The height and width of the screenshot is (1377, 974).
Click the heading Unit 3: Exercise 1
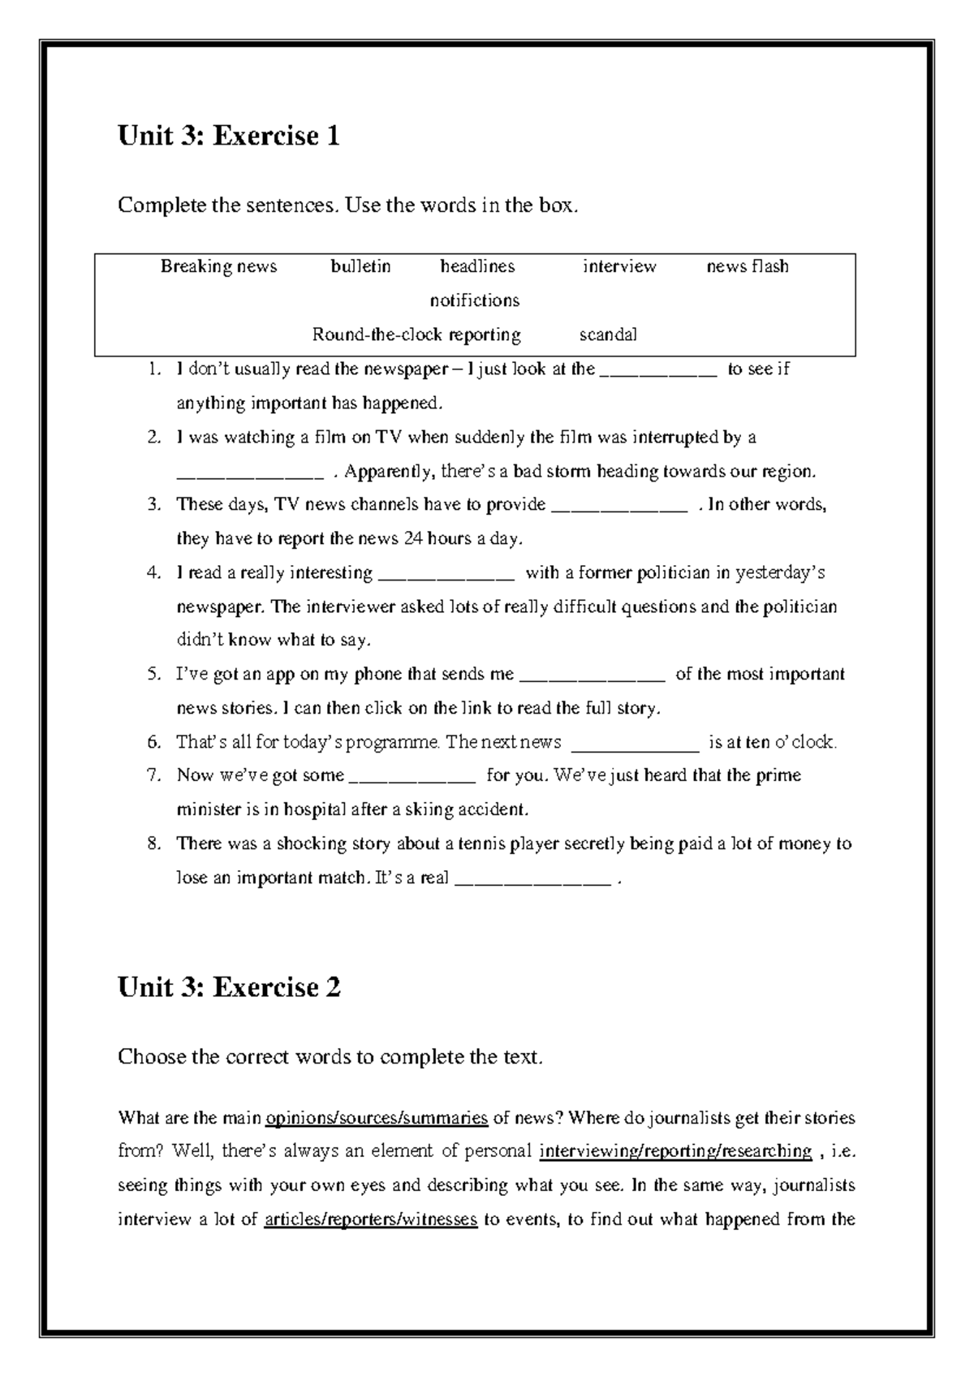228,136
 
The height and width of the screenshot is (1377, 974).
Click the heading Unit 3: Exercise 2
228,987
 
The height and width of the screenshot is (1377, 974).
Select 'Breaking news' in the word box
218,266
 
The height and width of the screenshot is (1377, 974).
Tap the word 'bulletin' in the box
360,266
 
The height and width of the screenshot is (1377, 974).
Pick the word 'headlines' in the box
477,266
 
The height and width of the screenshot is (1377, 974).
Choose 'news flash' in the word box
747,266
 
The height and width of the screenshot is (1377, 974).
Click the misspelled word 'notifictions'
475,300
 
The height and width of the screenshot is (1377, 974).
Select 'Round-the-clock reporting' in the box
416,335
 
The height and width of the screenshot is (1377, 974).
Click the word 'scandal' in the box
608,335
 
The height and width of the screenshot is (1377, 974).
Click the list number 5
154,675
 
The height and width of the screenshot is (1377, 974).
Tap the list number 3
154,505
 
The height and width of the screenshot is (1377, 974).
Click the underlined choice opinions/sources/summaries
377,1119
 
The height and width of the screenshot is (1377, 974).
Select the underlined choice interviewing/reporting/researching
675,1152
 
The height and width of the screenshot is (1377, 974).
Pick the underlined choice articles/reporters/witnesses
371,1219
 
